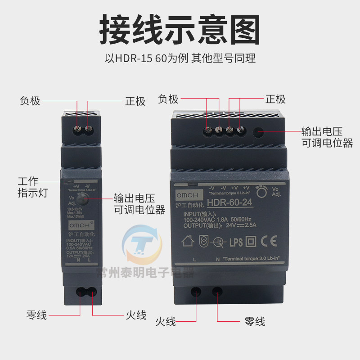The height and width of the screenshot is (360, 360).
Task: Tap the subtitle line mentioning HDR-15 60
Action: click(180, 58)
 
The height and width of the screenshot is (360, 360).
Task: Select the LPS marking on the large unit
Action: click(236, 242)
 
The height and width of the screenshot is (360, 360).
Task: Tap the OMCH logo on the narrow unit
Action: click(79, 224)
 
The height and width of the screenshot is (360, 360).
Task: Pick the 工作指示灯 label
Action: click(32, 187)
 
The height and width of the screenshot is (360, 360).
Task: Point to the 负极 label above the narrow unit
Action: click(30, 101)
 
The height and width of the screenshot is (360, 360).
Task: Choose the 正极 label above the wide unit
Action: click(275, 99)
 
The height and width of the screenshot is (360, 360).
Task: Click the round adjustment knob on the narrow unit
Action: click(81, 199)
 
